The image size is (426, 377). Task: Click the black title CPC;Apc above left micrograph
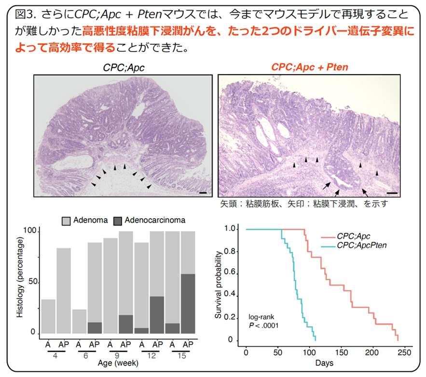point(124,67)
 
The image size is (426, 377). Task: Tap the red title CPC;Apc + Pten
point(310,67)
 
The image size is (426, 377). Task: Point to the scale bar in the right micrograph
point(392,193)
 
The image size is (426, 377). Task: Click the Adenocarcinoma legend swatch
point(118,221)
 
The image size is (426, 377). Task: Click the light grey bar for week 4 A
point(48,316)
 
